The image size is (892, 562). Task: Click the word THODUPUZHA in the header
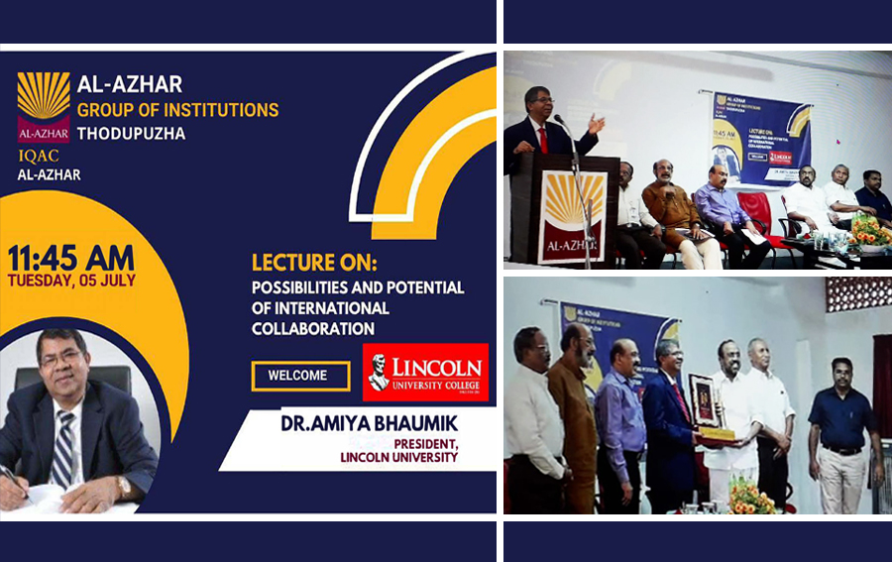[x=131, y=133]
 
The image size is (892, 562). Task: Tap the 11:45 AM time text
[x=70, y=258]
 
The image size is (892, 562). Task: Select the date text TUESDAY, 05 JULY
[x=70, y=280]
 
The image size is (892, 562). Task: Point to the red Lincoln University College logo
[x=425, y=372]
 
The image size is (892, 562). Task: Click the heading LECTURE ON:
[x=314, y=264]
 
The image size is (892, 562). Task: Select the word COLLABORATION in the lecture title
[x=312, y=328]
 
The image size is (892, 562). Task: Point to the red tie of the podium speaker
[x=543, y=138]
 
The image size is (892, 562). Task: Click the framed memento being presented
[x=705, y=403]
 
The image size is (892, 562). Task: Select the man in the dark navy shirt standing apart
[x=844, y=430]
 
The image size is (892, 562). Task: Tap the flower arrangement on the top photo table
[x=870, y=233]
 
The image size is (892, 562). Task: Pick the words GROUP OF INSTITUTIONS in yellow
[x=177, y=109]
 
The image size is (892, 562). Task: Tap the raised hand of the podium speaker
[x=595, y=123]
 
